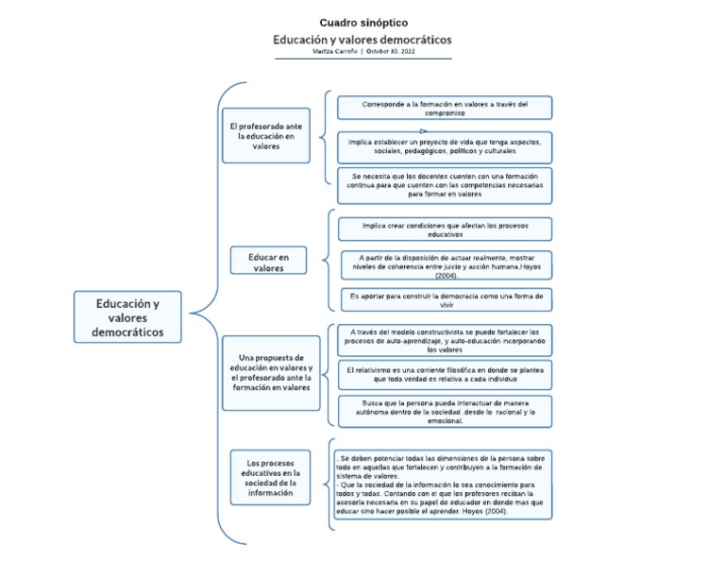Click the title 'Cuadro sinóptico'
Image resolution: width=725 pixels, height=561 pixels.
coord(363,22)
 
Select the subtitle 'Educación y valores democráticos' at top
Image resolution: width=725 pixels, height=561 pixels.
coord(362,40)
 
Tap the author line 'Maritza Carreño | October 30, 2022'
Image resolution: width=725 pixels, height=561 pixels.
coord(363,52)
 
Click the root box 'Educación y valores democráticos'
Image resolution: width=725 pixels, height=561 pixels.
coord(127,317)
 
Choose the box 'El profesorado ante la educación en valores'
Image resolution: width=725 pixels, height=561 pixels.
coord(266,135)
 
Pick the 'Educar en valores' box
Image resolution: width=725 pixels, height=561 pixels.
coord(269,261)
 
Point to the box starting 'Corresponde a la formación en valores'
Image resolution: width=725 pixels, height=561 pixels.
coord(445,108)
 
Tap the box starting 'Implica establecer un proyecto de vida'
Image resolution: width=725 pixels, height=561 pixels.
coord(445,146)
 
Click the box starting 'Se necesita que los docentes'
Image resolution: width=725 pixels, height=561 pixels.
coord(445,184)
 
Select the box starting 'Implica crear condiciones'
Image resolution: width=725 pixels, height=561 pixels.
coord(445,229)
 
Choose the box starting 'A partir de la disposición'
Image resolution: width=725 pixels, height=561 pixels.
coord(445,264)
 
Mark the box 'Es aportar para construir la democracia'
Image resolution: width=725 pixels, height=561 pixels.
coord(445,300)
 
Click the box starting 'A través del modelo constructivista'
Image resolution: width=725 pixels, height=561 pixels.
coord(445,340)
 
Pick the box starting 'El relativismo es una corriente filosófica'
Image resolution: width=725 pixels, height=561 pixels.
coord(445,374)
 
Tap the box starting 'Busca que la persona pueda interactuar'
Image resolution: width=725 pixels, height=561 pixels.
coord(445,411)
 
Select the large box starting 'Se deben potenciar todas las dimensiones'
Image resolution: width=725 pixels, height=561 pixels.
coord(444,484)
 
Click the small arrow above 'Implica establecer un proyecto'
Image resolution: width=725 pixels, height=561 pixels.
coord(424,131)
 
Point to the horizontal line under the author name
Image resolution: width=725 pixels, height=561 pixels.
coord(363,59)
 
